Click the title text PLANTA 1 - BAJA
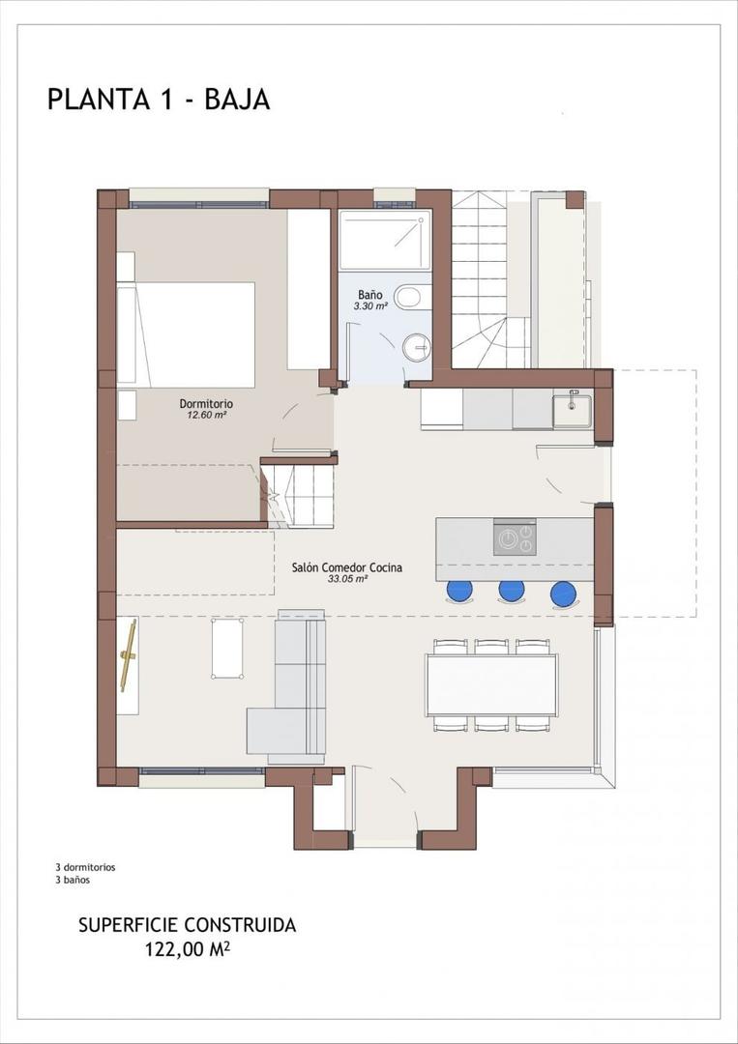point(159,100)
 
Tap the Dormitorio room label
point(206,403)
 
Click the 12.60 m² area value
point(206,415)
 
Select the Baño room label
point(370,294)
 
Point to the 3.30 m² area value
point(370,305)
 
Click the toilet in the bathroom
point(410,297)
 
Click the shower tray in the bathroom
point(384,241)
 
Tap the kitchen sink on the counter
point(572,410)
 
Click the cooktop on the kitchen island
point(515,537)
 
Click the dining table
point(491,684)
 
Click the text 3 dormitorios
point(85,867)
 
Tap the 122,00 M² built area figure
point(187,949)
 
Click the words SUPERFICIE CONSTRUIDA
point(187,925)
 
